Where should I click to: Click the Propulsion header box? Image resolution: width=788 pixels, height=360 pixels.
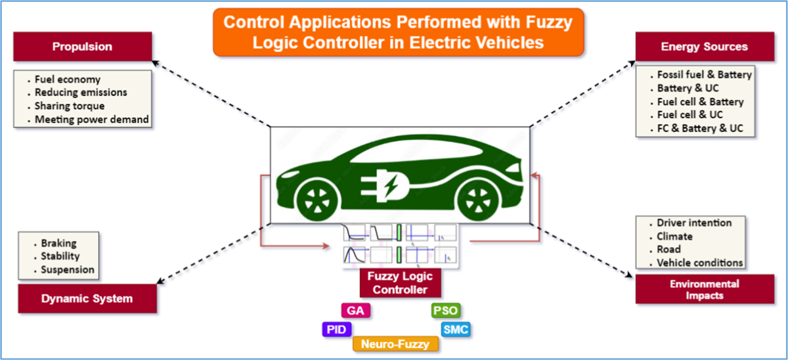[x=83, y=47]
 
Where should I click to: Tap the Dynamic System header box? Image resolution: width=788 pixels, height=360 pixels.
[x=87, y=298]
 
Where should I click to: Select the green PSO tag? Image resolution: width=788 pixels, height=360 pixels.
[x=446, y=311]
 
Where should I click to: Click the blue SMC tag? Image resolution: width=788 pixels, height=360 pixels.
[x=455, y=329]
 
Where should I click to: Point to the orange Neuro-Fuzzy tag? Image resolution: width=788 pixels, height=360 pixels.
[x=395, y=344]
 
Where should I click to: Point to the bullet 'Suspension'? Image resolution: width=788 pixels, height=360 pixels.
[x=68, y=269]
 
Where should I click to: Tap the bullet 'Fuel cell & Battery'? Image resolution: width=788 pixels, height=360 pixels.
[x=700, y=102]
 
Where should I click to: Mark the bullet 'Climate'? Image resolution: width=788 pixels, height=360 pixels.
[x=674, y=236]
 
